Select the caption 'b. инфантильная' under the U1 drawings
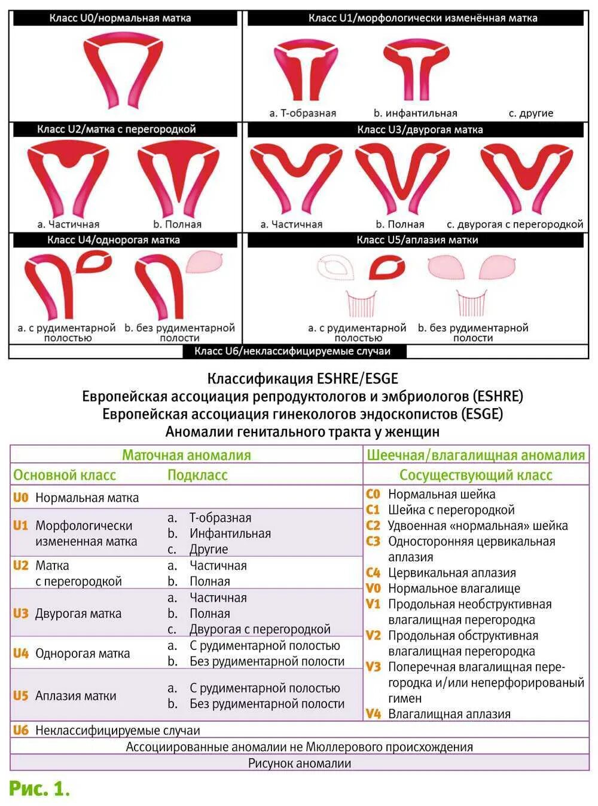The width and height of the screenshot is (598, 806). (x=415, y=113)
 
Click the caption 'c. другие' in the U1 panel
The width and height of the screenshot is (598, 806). (x=531, y=113)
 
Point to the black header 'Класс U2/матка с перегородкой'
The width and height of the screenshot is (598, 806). (x=116, y=129)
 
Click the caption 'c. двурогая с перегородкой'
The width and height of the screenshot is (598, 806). (x=515, y=225)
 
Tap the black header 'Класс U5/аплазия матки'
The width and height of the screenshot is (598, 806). (x=417, y=240)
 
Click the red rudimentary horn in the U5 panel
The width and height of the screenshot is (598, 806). (x=387, y=268)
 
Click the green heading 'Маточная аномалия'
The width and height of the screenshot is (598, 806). (x=186, y=455)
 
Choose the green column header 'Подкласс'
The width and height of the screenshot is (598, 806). (x=197, y=476)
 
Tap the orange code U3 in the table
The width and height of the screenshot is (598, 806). (x=21, y=613)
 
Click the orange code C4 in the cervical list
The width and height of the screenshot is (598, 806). (x=373, y=572)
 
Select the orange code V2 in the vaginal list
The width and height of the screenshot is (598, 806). (x=373, y=635)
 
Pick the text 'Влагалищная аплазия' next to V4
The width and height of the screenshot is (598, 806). (x=449, y=714)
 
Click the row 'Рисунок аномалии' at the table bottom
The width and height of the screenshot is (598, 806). (x=300, y=763)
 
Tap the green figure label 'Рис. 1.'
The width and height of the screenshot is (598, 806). (x=39, y=789)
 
